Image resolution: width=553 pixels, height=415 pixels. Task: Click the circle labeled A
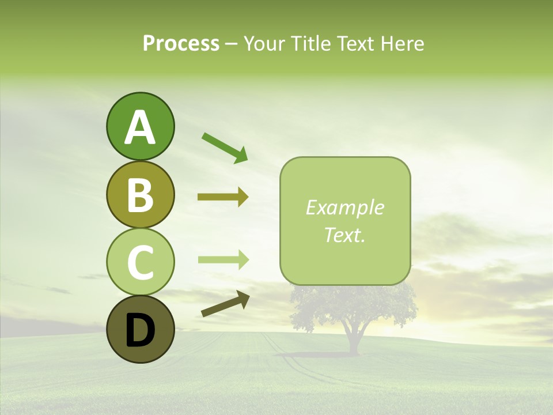140,127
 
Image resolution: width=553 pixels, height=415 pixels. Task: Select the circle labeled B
140,194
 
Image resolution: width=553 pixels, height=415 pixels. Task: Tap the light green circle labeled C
140,262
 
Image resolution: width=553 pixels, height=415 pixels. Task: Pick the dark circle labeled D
140,330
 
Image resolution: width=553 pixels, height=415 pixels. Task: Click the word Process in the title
181,43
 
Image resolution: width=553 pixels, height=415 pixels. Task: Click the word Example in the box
344,207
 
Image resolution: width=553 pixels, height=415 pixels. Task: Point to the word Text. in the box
344,235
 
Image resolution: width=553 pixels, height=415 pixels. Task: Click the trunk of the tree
353,340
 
